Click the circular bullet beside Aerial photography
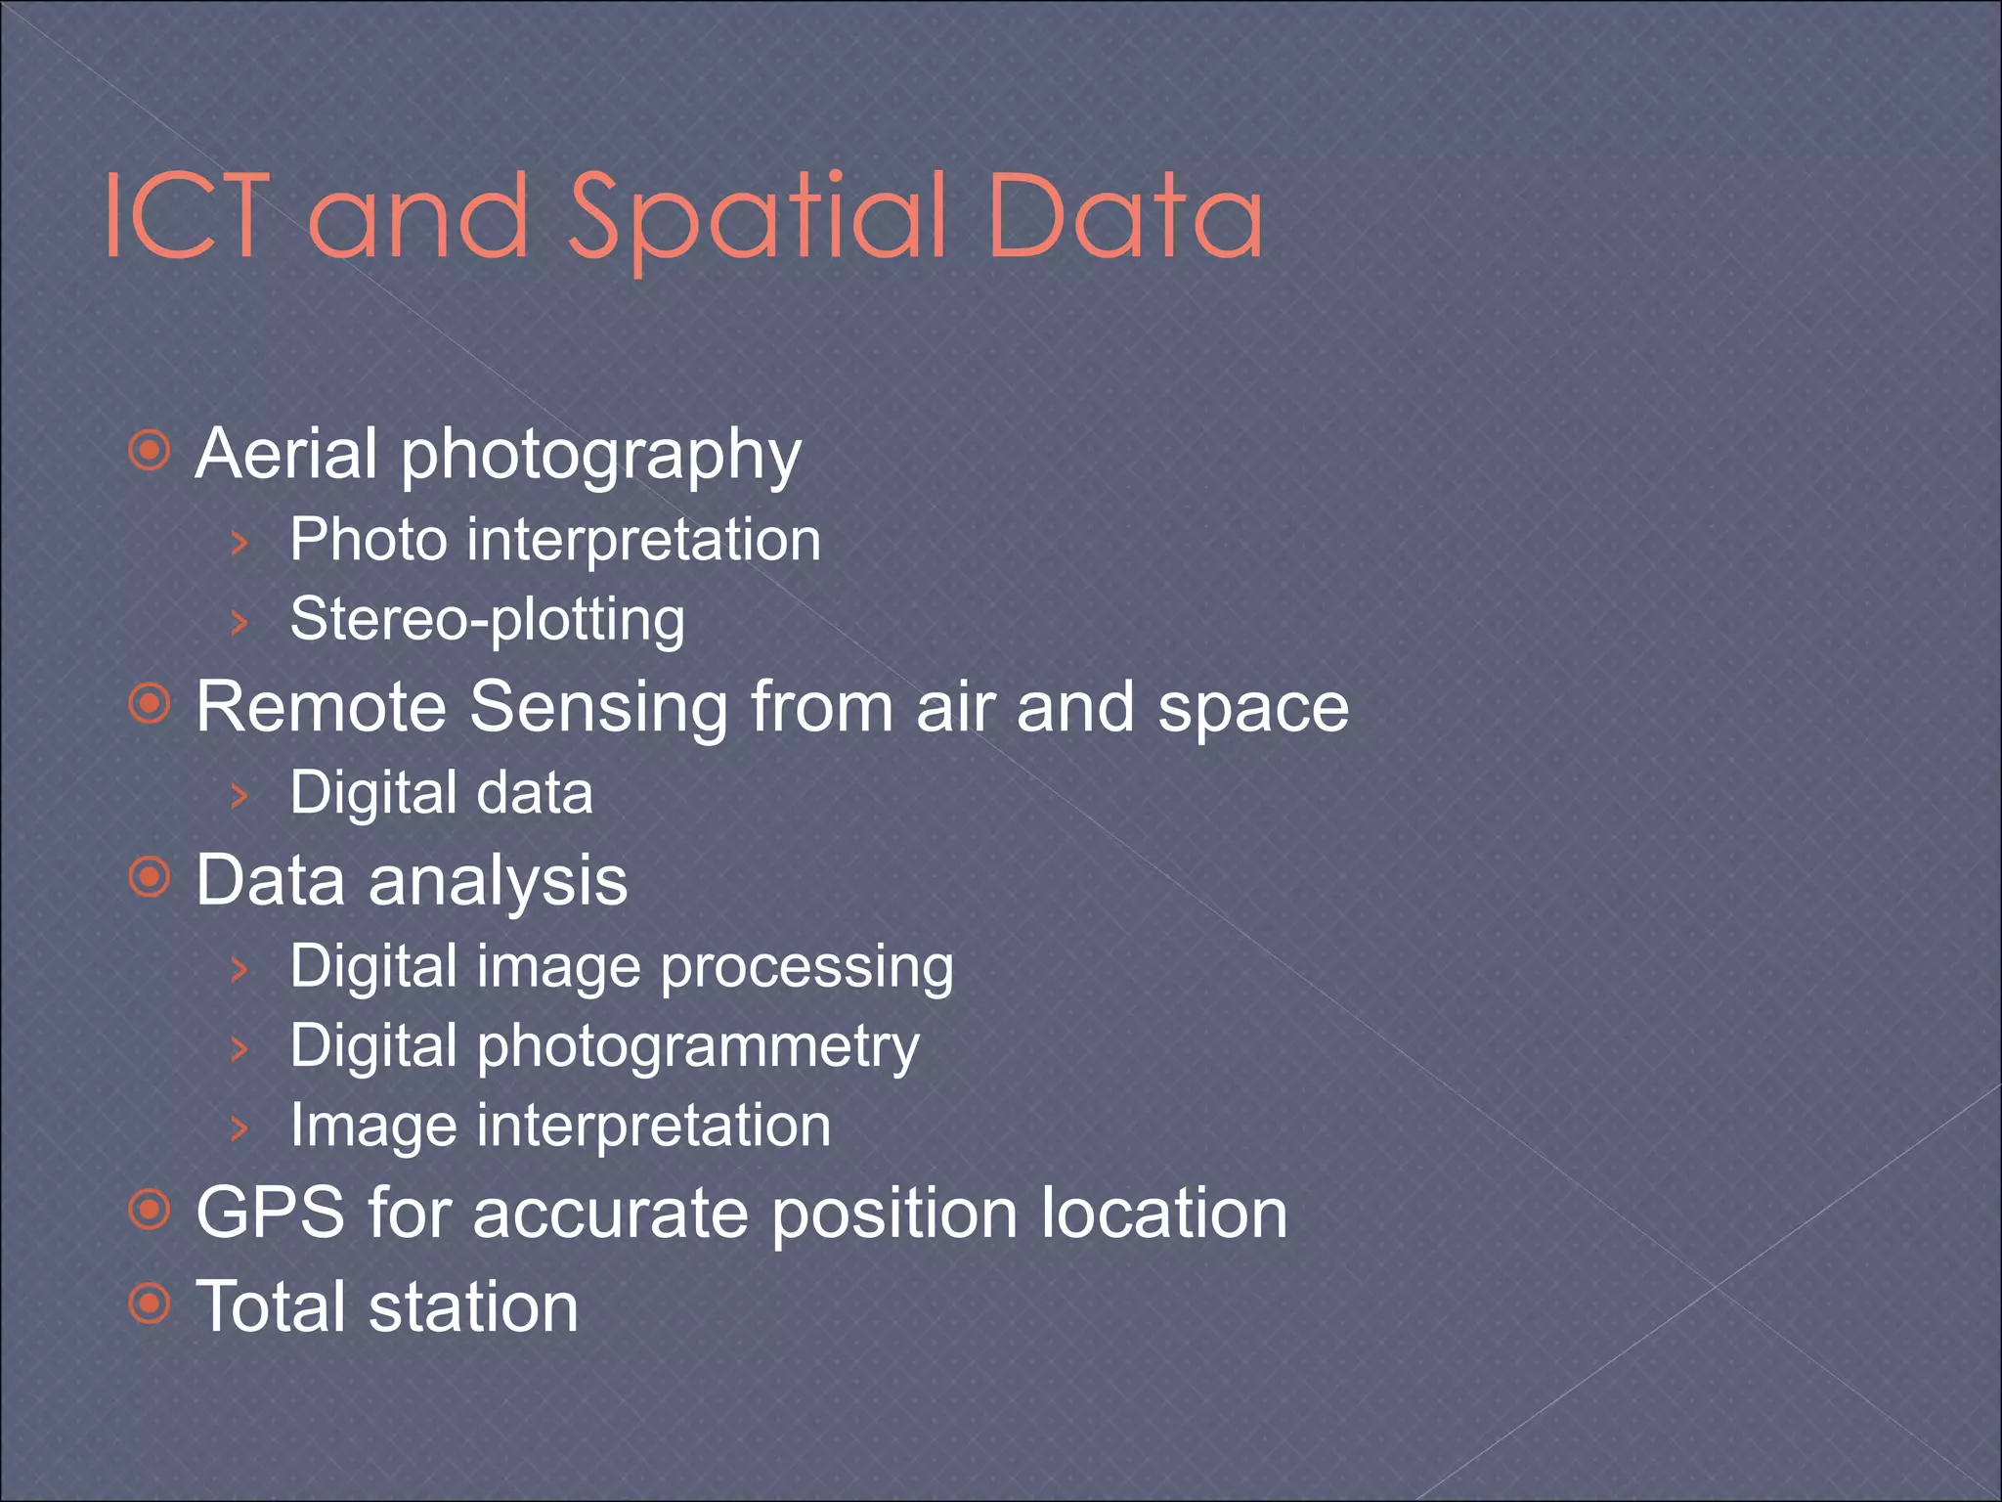click(150, 451)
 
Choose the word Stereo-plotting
click(488, 620)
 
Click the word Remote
click(321, 706)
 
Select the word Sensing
click(598, 708)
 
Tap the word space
click(1253, 708)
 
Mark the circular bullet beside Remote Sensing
click(150, 704)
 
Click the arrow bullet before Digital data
click(239, 794)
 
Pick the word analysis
click(498, 881)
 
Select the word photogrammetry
click(698, 1047)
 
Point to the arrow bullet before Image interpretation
click(239, 1127)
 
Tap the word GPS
click(270, 1213)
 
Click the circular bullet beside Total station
click(150, 1303)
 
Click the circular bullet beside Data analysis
click(150, 878)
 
